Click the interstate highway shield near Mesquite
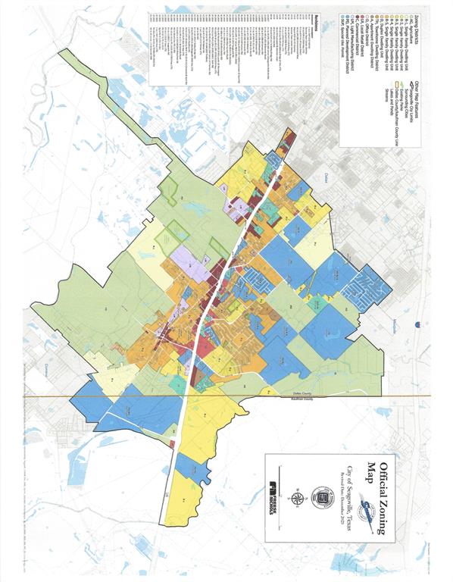point(416,324)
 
